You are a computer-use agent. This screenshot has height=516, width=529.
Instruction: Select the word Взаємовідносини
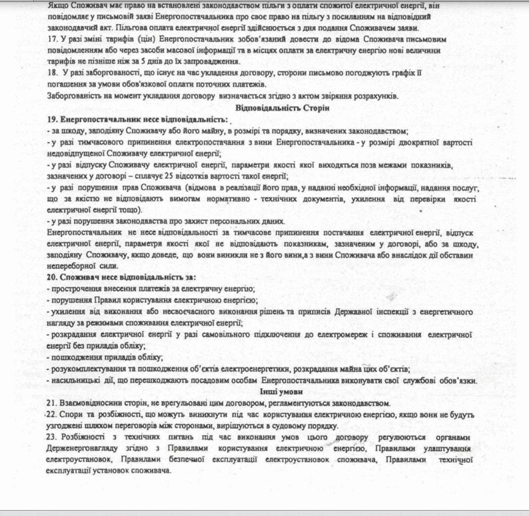94,403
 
